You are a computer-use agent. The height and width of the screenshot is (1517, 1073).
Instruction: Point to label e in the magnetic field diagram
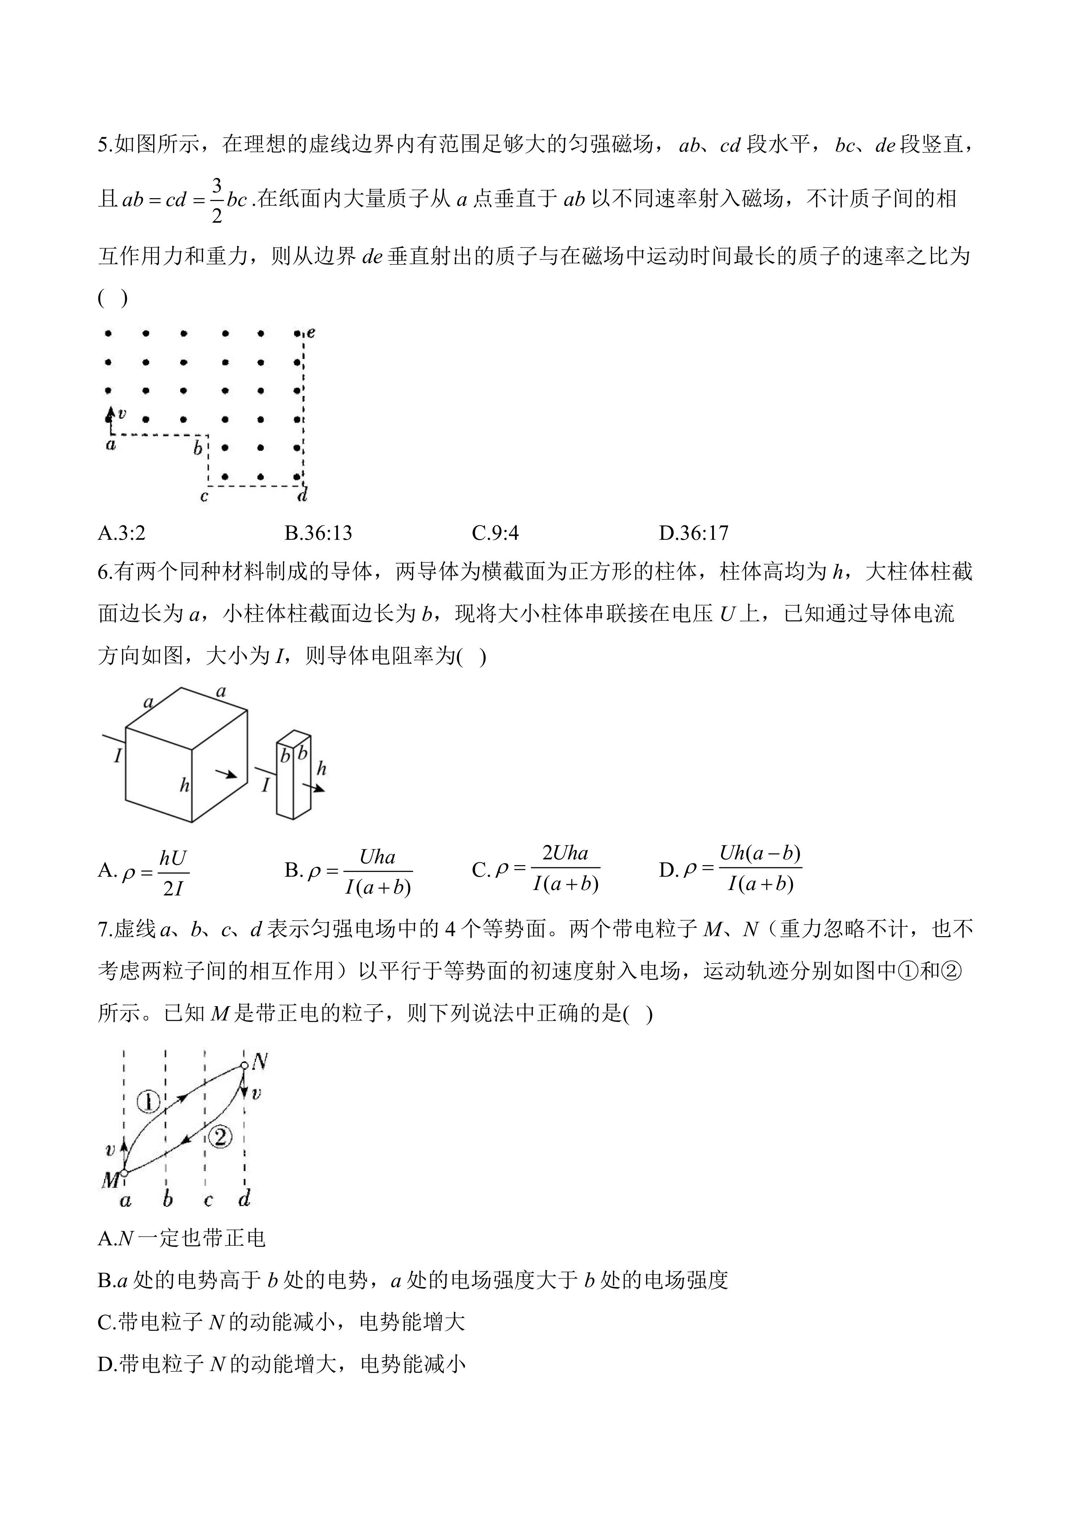pos(311,332)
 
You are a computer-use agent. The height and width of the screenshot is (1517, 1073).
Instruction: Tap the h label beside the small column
pos(322,769)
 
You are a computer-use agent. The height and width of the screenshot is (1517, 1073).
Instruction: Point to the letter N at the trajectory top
pos(260,1062)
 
